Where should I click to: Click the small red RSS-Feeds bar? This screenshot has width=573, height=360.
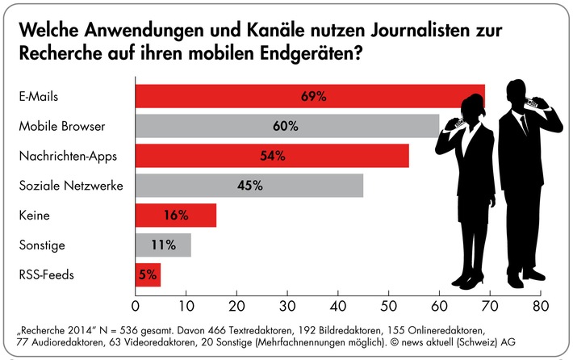point(148,275)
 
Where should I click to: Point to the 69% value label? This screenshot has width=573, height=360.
point(312,96)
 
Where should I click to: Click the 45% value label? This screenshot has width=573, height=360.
point(249,186)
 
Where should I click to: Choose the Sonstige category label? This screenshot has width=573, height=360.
point(40,245)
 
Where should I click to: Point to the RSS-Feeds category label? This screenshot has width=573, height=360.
point(45,275)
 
